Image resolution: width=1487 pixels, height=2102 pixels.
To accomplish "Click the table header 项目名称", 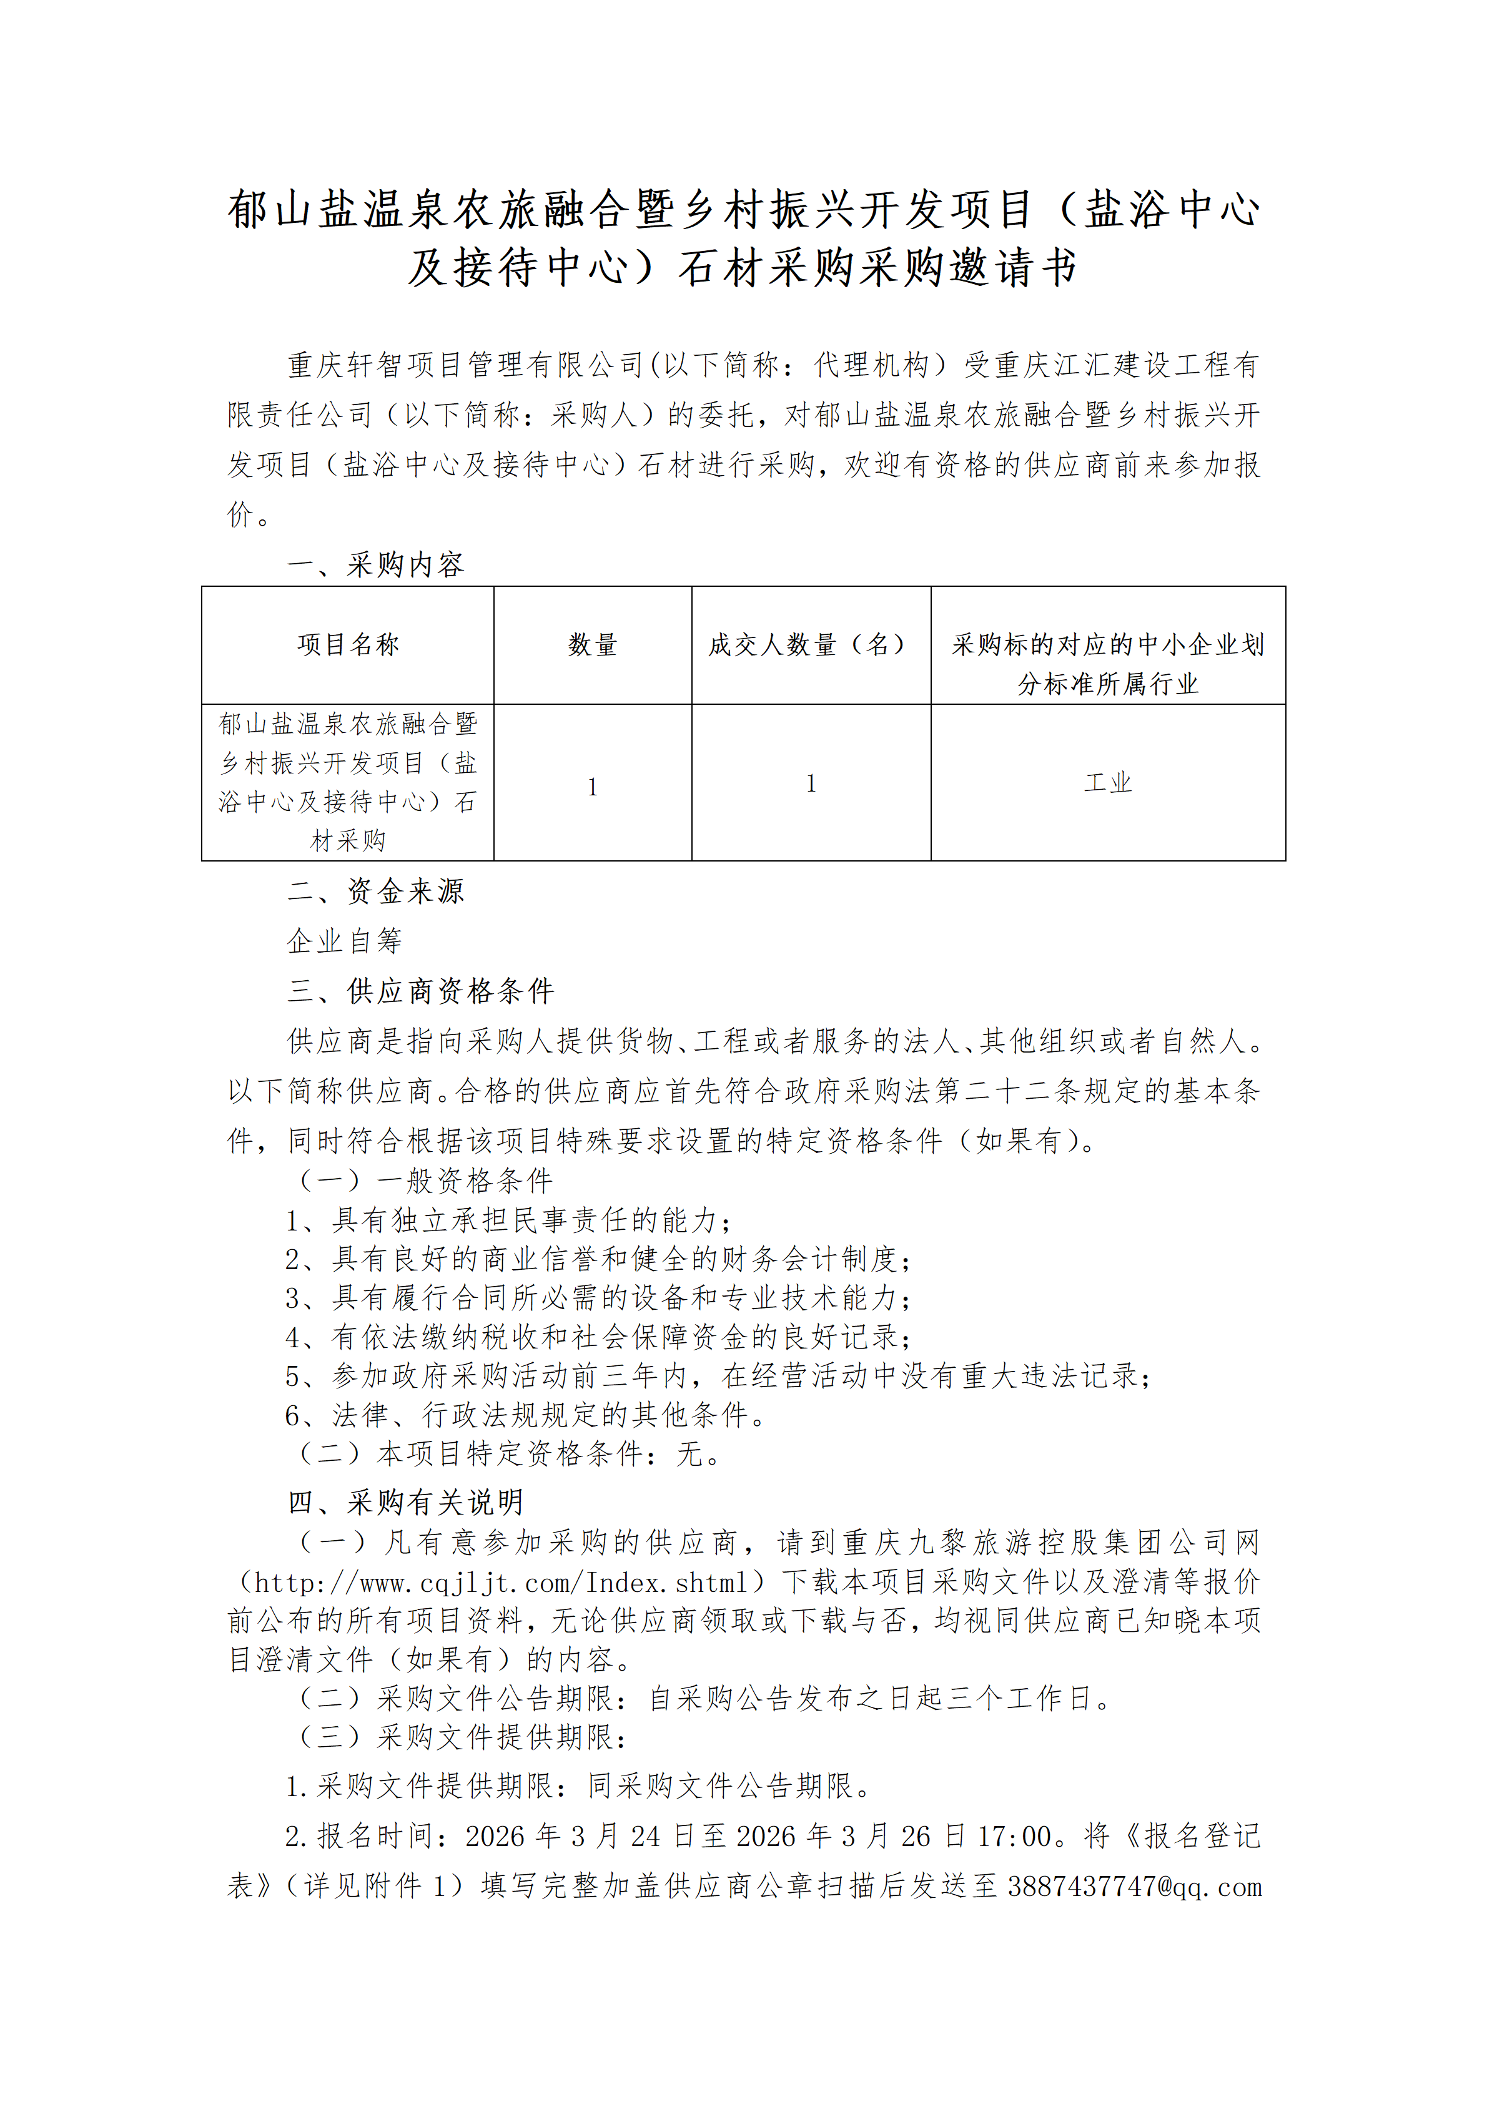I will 348,644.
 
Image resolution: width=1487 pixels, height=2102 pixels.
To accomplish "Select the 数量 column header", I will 593,644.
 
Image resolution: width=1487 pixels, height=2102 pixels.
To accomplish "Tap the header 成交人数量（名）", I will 811,644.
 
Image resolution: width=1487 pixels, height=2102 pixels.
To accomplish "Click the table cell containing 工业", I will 1108,783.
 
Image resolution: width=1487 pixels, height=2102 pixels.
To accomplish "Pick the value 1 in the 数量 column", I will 593,787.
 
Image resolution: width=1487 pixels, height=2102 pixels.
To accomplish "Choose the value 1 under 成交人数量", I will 811,783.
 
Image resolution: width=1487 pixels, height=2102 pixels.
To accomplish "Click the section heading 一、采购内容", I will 375,564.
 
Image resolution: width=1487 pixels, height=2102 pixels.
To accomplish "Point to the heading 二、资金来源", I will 375,891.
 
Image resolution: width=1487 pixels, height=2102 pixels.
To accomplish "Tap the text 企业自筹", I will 344,940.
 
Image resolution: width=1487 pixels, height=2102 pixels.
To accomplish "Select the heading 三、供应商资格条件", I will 420,991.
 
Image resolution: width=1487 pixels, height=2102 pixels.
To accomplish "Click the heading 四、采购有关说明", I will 405,1501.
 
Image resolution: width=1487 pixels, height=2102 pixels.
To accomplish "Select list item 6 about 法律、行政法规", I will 526,1415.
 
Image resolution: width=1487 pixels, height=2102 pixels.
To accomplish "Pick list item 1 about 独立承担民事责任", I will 509,1219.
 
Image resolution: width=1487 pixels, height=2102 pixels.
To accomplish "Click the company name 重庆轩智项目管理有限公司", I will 466,365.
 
